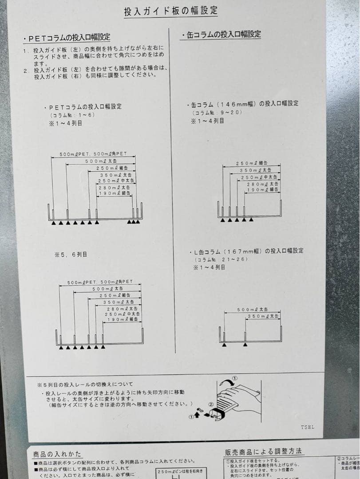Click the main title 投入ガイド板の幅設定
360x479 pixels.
tap(170, 11)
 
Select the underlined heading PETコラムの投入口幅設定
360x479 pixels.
tap(67, 38)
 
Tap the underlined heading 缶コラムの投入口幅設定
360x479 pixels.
tap(221, 35)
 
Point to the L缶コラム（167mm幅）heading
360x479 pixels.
tap(246, 251)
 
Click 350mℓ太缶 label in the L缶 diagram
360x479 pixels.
tap(262, 316)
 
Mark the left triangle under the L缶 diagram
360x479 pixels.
tap(224, 345)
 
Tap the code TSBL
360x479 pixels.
tap(307, 427)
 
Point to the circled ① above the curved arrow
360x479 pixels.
tap(235, 378)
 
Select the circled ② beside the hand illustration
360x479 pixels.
tap(211, 404)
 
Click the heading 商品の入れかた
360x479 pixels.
tap(57, 454)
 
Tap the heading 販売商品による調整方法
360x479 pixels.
tap(264, 452)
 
